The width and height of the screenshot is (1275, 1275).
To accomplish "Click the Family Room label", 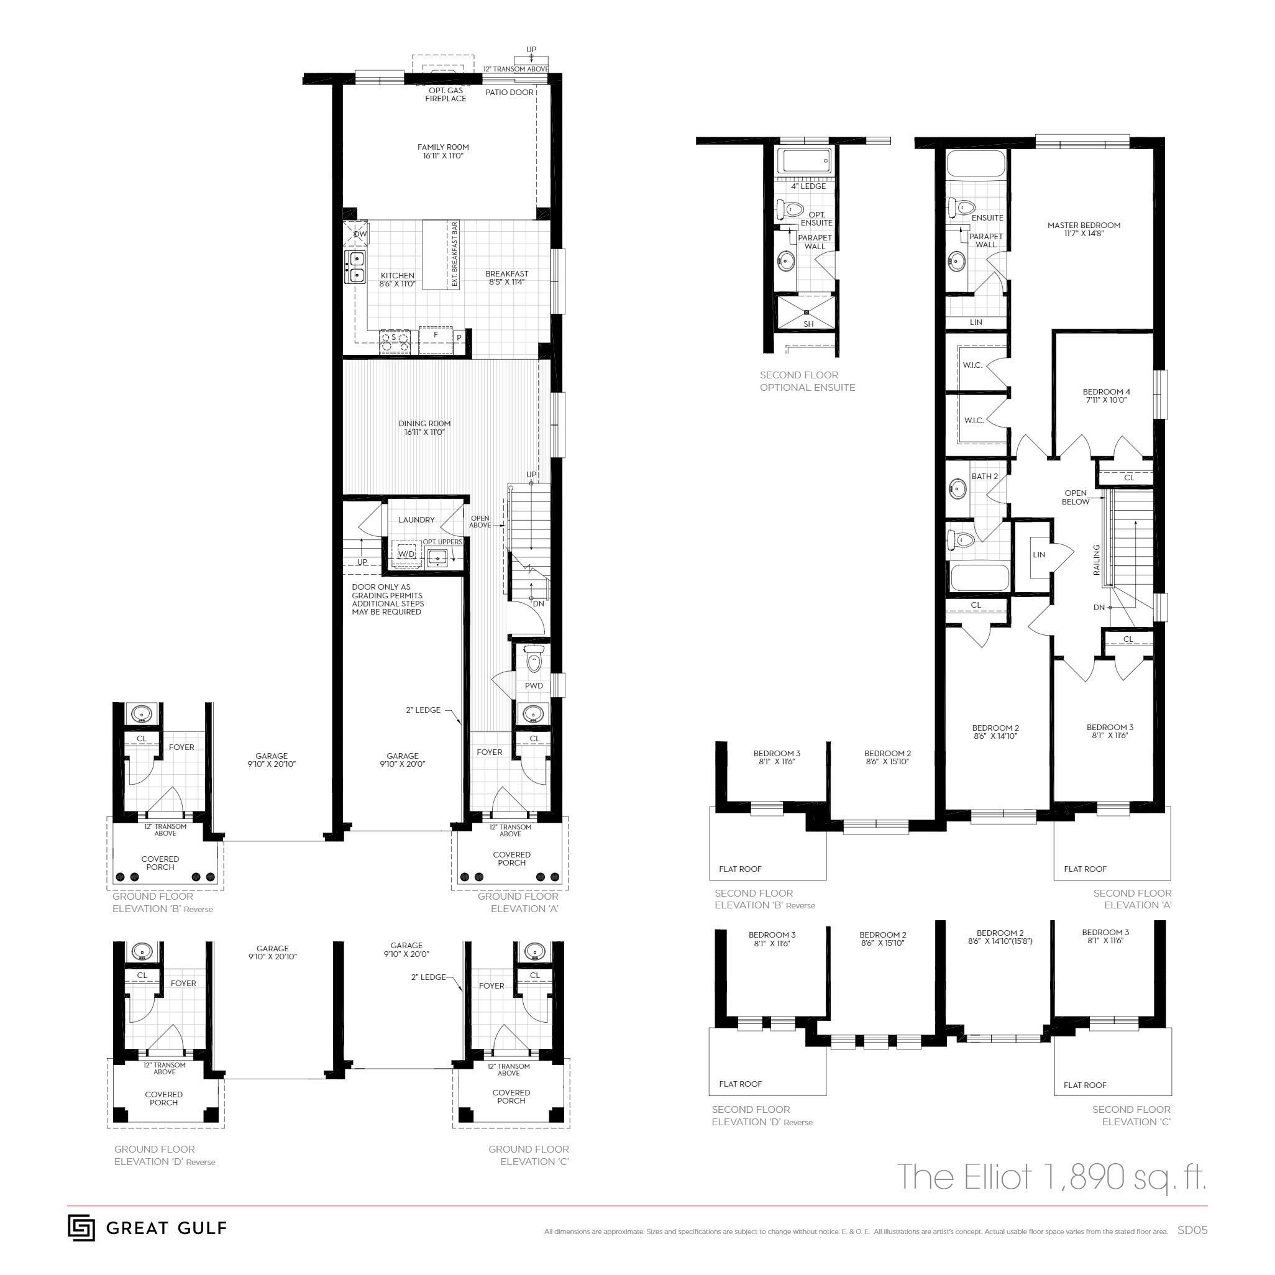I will click(443, 151).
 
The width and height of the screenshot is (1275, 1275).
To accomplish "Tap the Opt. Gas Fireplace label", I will click(446, 94).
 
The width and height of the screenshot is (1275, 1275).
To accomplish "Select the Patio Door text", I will click(509, 93).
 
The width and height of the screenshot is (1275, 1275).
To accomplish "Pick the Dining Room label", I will click(424, 427).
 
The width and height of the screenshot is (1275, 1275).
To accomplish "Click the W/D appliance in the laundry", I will click(406, 553).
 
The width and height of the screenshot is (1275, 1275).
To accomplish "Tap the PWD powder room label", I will click(534, 686).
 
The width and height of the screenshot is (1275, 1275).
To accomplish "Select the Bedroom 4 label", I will click(1106, 395).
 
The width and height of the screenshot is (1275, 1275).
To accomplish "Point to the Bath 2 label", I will click(985, 477).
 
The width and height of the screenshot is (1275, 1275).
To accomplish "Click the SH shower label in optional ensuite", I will click(808, 324).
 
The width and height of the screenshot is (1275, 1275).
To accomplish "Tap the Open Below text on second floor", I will click(1075, 497).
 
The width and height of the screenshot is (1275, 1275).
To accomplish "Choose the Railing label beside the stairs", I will click(1097, 559).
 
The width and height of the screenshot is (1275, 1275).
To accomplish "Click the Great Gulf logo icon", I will click(81, 1228).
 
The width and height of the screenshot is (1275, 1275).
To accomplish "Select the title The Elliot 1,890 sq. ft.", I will click(1051, 1177).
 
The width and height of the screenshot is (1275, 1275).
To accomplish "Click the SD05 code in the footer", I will click(1192, 1231).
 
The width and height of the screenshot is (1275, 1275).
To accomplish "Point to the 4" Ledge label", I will click(808, 186).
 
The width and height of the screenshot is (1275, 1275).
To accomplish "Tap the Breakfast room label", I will click(507, 278).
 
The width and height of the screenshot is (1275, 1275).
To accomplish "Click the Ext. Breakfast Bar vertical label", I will click(455, 254).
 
